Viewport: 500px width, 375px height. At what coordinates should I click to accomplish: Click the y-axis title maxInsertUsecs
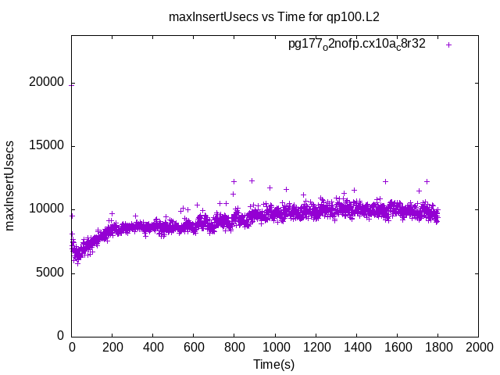pyautogui.click(x=10, y=186)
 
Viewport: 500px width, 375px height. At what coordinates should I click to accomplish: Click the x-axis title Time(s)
pyautogui.click(x=274, y=364)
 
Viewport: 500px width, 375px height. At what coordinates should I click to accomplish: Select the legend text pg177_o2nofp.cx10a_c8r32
pyautogui.click(x=357, y=45)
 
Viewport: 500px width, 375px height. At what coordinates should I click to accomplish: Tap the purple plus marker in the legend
pyautogui.click(x=448, y=45)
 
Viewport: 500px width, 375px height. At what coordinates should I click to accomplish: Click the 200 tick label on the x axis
pyautogui.click(x=112, y=347)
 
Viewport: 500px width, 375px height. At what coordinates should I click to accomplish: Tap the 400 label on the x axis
pyautogui.click(x=153, y=347)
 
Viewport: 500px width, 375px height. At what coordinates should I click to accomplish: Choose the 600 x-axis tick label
pyautogui.click(x=194, y=347)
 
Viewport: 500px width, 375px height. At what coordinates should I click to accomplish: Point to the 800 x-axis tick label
pyautogui.click(x=234, y=347)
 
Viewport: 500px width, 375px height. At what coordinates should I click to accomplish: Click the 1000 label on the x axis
pyautogui.click(x=275, y=347)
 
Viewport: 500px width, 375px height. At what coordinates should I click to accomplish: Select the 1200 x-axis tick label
pyautogui.click(x=316, y=347)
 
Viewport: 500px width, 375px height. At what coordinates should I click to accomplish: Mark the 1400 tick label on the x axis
pyautogui.click(x=356, y=347)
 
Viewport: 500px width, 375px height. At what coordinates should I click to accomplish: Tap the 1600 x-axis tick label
pyautogui.click(x=397, y=347)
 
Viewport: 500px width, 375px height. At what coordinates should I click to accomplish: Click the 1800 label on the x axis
pyautogui.click(x=437, y=347)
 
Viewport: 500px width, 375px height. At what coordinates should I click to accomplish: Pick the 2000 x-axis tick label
pyautogui.click(x=478, y=347)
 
